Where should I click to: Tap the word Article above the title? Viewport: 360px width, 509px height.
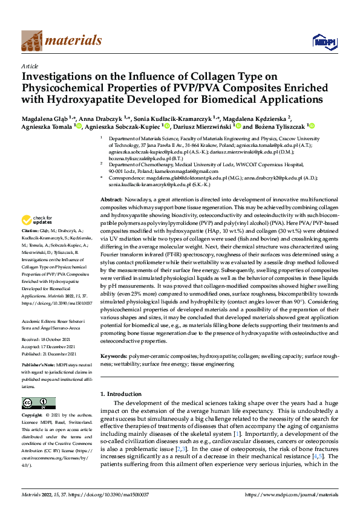pos(30,66)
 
